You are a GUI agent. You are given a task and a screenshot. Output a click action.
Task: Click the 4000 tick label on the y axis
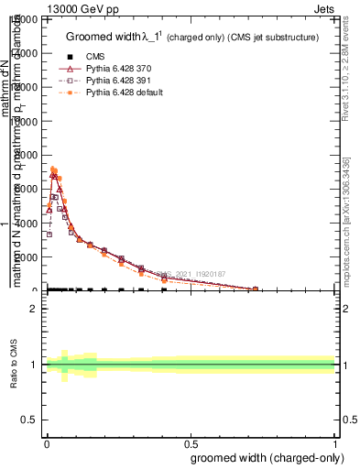tap(26, 223)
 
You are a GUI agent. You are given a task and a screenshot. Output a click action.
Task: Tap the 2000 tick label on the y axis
tap(26, 257)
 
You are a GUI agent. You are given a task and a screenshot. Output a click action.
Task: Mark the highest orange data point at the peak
tap(53, 169)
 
